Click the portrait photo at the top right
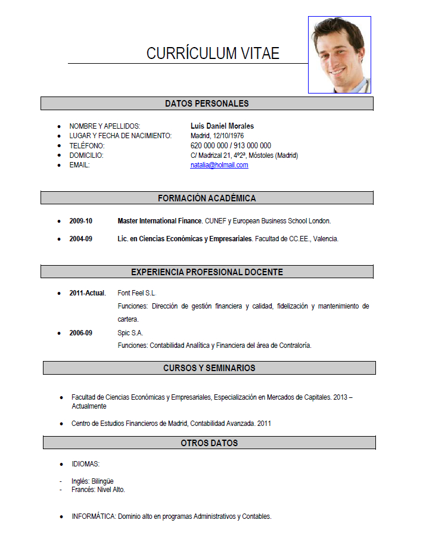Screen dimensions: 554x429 pos(340,55)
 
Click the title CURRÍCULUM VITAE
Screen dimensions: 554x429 pos(213,53)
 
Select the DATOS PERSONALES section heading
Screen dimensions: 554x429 pos(207,104)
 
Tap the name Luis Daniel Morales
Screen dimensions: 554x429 pos(222,126)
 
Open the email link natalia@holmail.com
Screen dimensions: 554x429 pos(219,165)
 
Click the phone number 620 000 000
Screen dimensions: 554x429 pos(209,145)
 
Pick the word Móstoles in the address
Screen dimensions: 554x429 pos(260,155)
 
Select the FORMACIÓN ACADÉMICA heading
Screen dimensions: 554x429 pos(207,198)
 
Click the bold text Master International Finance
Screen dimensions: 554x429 pos(160,221)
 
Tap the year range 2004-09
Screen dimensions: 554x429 pos(80,239)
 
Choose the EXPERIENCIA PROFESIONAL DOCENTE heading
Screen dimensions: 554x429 pos(207,272)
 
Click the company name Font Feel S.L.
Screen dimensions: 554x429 pos(136,293)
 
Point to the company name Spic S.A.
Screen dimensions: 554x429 pos(130,333)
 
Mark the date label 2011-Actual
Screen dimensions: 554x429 pos(88,293)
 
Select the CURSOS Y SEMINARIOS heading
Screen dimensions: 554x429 pos(209,368)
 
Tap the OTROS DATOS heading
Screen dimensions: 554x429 pos(209,443)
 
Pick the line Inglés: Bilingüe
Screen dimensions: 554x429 pos(92,481)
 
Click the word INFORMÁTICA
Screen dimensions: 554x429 pos(94,516)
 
